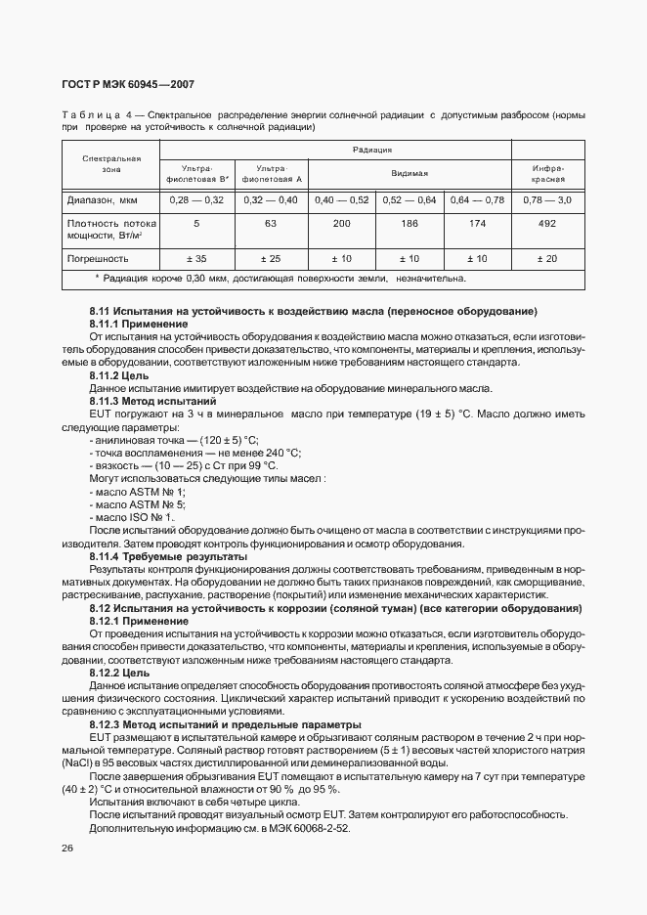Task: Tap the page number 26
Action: [x=67, y=848]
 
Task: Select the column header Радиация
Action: [x=371, y=150]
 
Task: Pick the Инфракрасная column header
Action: [x=547, y=173]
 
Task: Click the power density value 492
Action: [x=547, y=224]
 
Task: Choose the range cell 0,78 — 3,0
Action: [x=547, y=199]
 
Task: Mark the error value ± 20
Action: [x=547, y=259]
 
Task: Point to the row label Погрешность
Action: [x=98, y=259]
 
